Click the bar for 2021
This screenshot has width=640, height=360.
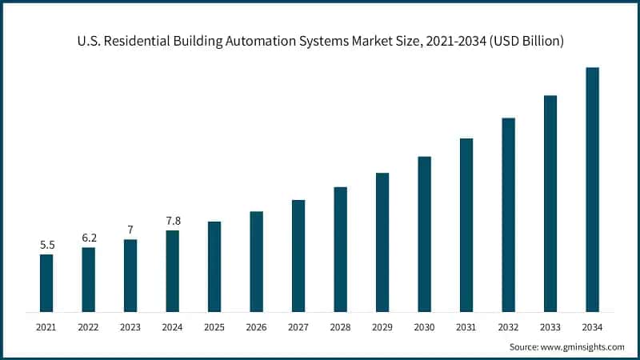(46, 282)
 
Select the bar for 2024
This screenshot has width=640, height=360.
(172, 270)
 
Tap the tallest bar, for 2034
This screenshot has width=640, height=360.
(592, 189)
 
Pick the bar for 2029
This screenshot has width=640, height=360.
(382, 242)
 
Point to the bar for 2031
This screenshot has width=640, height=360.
(466, 224)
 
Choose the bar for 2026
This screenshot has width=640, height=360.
(256, 261)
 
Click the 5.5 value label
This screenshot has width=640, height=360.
(46, 244)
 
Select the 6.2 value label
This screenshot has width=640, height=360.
(88, 238)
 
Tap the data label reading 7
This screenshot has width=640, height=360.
(130, 230)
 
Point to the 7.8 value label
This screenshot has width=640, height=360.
(172, 220)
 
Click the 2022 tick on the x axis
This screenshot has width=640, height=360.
(88, 326)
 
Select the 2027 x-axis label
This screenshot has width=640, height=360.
(298, 326)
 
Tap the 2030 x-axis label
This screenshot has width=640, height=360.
(424, 326)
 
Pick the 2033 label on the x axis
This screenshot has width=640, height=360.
(550, 326)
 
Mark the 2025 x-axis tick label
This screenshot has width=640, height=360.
(214, 326)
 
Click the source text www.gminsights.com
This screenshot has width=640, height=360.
(583, 347)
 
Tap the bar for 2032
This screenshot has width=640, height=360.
(508, 214)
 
